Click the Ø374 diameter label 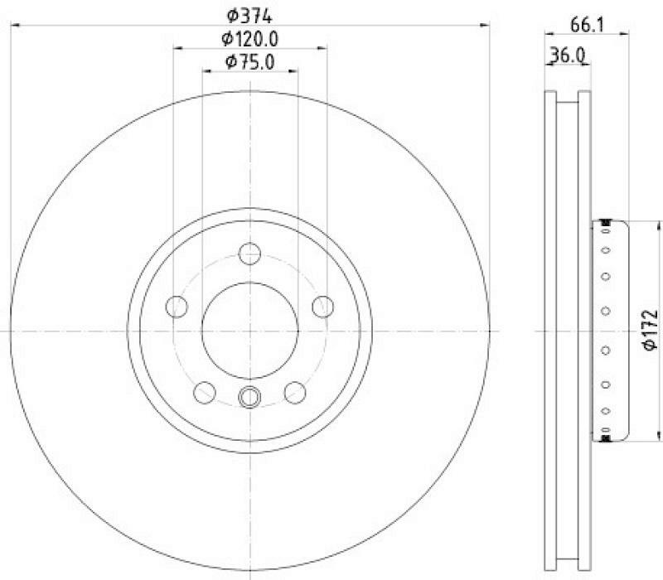[x=249, y=16]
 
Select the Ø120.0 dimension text [x=250, y=39]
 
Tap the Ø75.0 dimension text [x=250, y=62]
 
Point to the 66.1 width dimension [x=588, y=25]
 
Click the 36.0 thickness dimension [x=567, y=55]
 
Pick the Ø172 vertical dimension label [x=650, y=330]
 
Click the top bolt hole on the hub [x=250, y=254]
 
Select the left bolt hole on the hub [x=177, y=307]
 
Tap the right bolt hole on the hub [x=323, y=307]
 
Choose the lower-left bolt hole [x=205, y=392]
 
